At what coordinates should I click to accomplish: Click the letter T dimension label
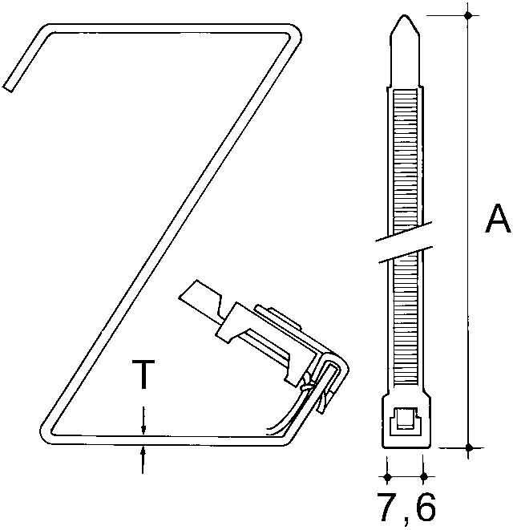tap(143, 374)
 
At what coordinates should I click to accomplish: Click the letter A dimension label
tap(497, 219)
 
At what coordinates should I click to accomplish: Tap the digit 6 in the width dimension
tap(425, 508)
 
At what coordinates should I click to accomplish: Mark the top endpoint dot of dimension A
tap(469, 14)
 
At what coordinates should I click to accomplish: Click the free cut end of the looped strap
tap(9, 84)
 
